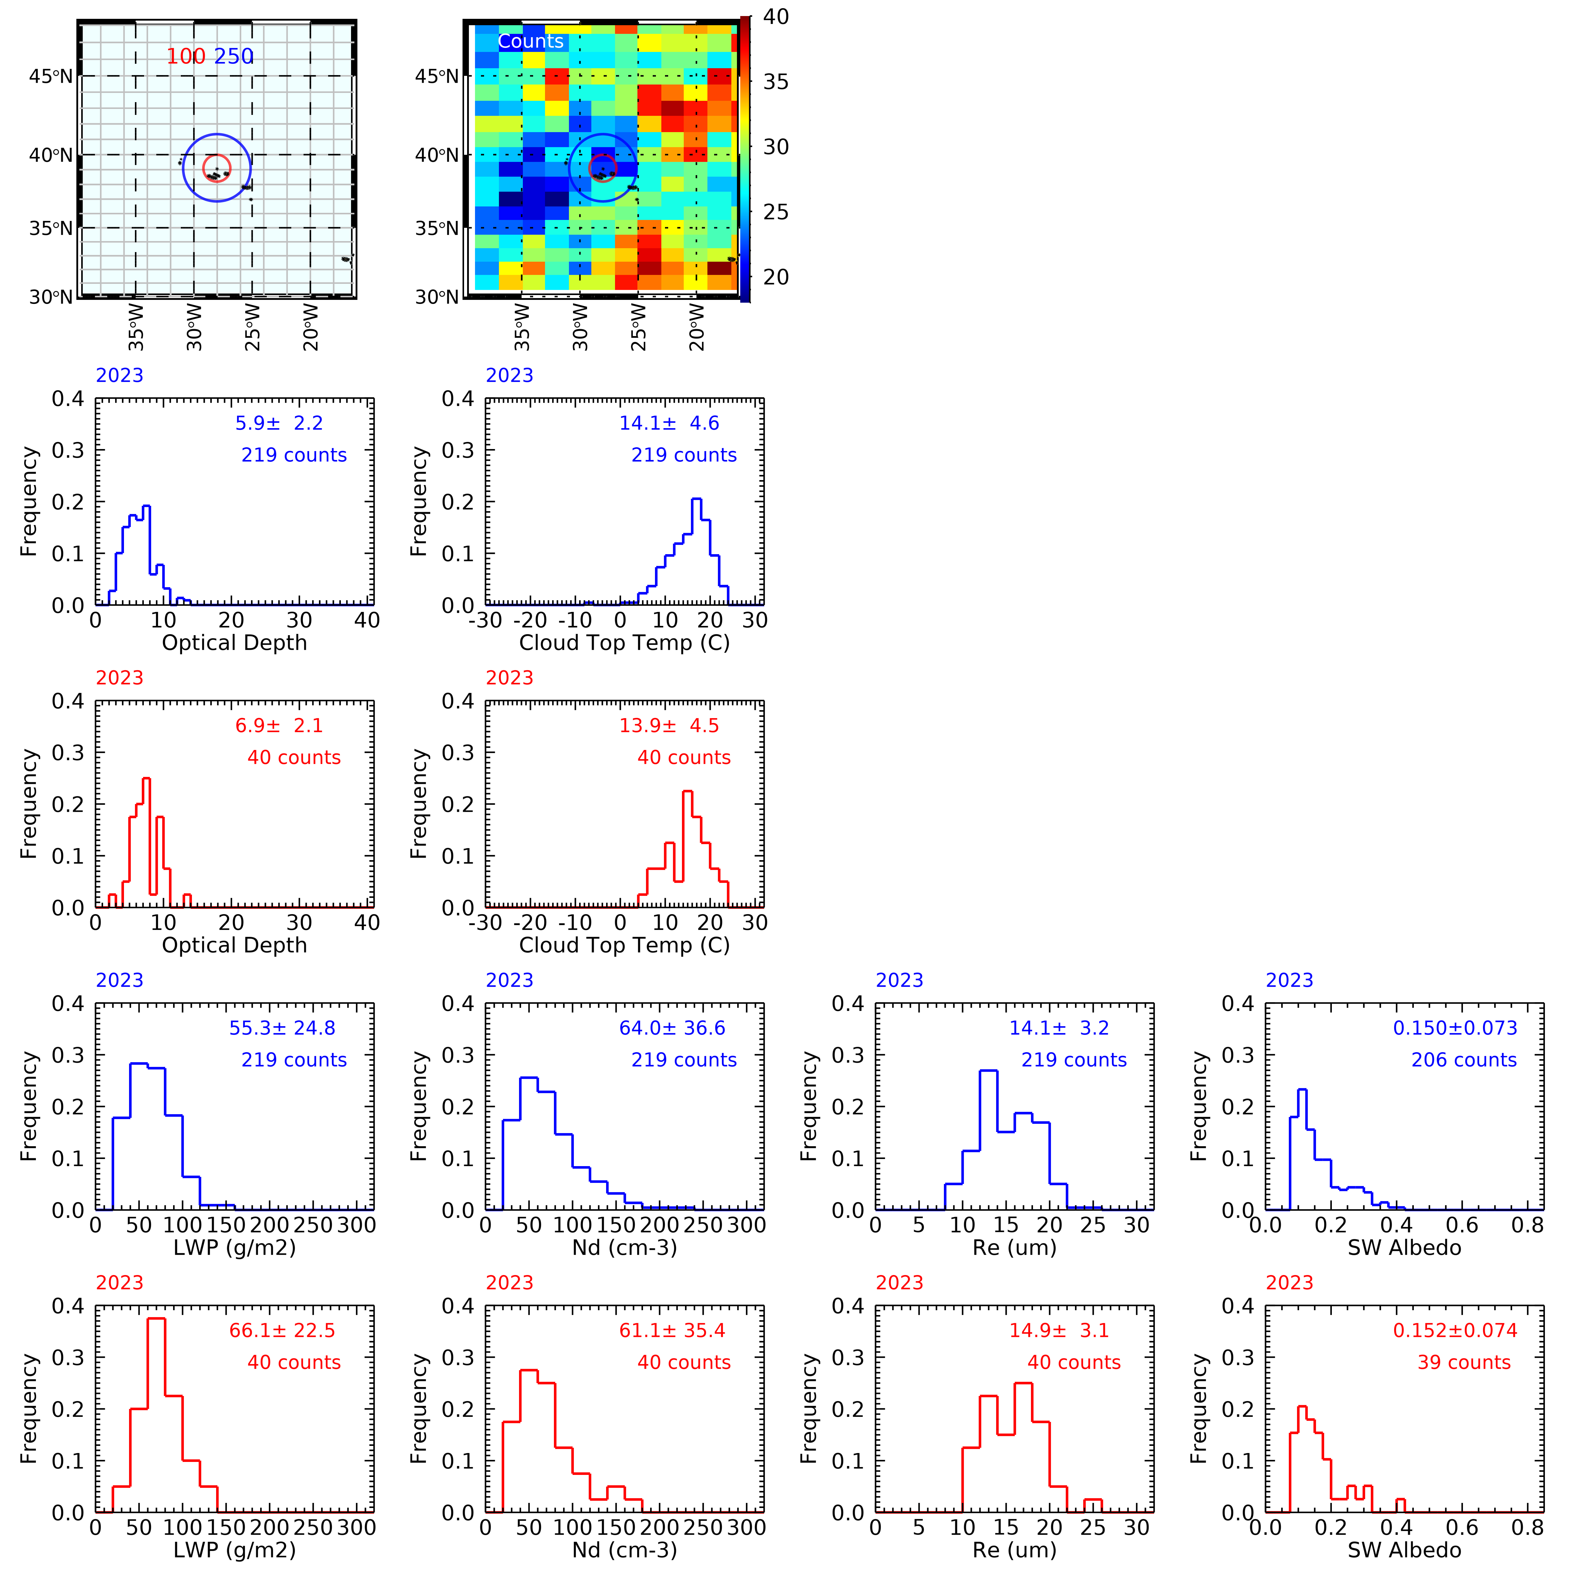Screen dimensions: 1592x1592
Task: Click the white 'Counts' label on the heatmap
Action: pos(531,41)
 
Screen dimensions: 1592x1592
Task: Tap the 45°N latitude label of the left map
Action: pos(51,77)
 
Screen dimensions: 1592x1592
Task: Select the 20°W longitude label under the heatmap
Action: pos(697,326)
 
